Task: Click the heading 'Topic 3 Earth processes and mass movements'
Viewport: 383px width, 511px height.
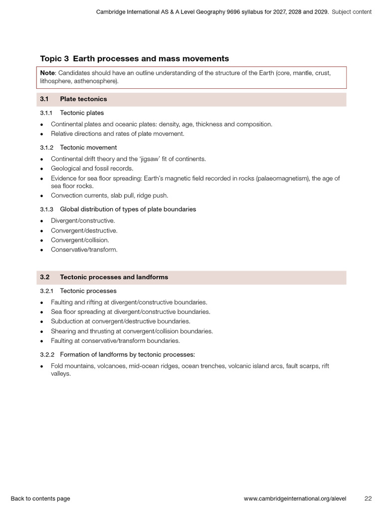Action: (134, 58)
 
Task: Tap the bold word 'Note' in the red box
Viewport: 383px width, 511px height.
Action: (48, 73)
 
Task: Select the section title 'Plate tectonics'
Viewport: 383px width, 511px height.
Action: (83, 99)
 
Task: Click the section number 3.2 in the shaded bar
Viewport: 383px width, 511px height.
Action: (45, 277)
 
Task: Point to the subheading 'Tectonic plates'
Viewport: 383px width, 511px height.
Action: (82, 113)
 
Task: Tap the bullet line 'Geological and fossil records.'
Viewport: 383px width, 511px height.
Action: (92, 168)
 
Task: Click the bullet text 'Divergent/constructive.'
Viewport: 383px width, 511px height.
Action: (83, 221)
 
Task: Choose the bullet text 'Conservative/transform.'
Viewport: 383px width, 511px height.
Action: (84, 250)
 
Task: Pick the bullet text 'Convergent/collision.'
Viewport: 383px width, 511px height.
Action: (80, 240)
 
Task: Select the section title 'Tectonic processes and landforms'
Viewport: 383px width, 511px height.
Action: (114, 277)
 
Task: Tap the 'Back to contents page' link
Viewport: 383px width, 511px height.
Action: (40, 499)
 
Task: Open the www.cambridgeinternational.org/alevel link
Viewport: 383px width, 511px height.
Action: (295, 499)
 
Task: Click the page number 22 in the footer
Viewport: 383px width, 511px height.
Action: (368, 499)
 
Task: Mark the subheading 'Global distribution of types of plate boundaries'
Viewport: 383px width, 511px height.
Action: (128, 209)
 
